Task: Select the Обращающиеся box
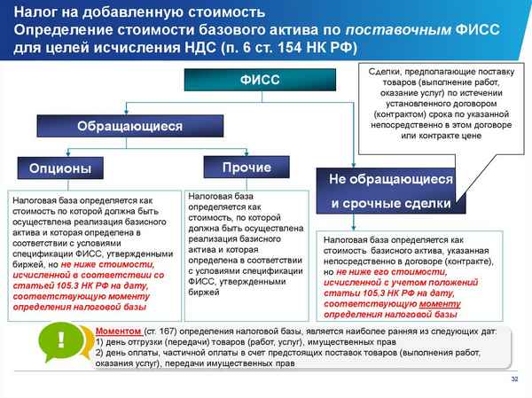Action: [x=130, y=126]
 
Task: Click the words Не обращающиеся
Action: [x=391, y=180]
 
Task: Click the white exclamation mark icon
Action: [x=60, y=340]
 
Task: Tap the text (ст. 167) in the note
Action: [x=164, y=331]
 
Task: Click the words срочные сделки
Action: [x=391, y=204]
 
